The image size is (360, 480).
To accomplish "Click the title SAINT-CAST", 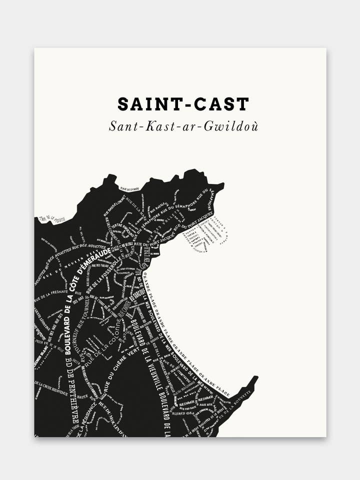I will (183, 104).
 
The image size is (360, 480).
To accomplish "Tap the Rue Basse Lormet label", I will (114, 207).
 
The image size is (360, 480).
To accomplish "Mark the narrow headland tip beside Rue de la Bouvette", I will (252, 382).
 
